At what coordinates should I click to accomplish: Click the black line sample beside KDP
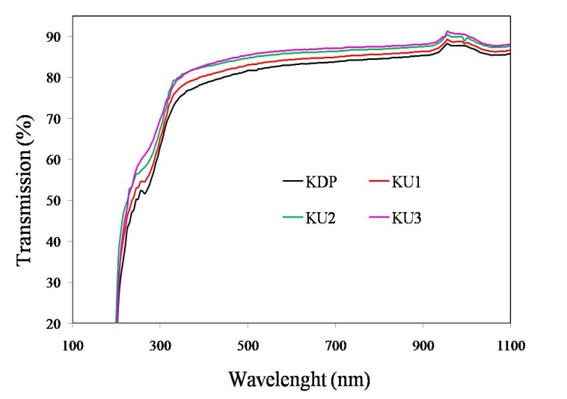coord(292,182)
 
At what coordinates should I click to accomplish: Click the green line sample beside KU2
coord(292,217)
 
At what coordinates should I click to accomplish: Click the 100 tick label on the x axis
coord(73,345)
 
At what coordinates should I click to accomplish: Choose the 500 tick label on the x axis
coord(248,345)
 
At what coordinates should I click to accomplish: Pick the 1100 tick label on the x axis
coord(510,345)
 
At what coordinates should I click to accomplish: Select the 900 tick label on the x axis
coord(423,345)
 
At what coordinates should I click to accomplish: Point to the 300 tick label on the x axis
coord(160,345)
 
